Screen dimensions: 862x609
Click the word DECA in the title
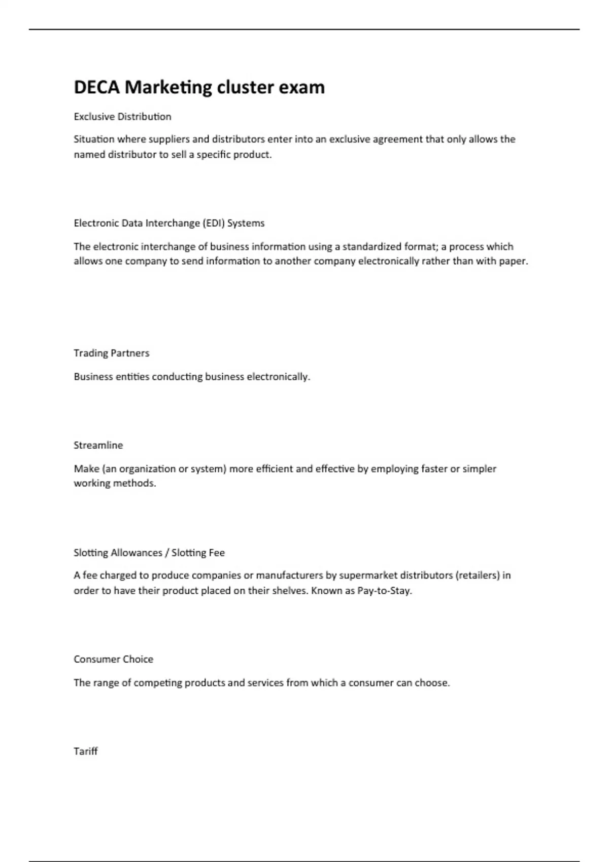(x=96, y=87)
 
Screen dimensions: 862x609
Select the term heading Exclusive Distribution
(x=122, y=117)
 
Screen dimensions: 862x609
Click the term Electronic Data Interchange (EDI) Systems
(x=169, y=223)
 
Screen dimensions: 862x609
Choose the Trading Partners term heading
(x=111, y=353)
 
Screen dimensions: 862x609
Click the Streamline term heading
(x=98, y=445)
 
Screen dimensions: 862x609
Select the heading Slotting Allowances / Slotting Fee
(x=149, y=553)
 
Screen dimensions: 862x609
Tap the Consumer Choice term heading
(x=113, y=659)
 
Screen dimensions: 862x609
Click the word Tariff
(x=85, y=751)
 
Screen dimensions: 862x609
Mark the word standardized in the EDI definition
(x=371, y=247)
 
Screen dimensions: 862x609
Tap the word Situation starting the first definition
(x=94, y=139)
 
